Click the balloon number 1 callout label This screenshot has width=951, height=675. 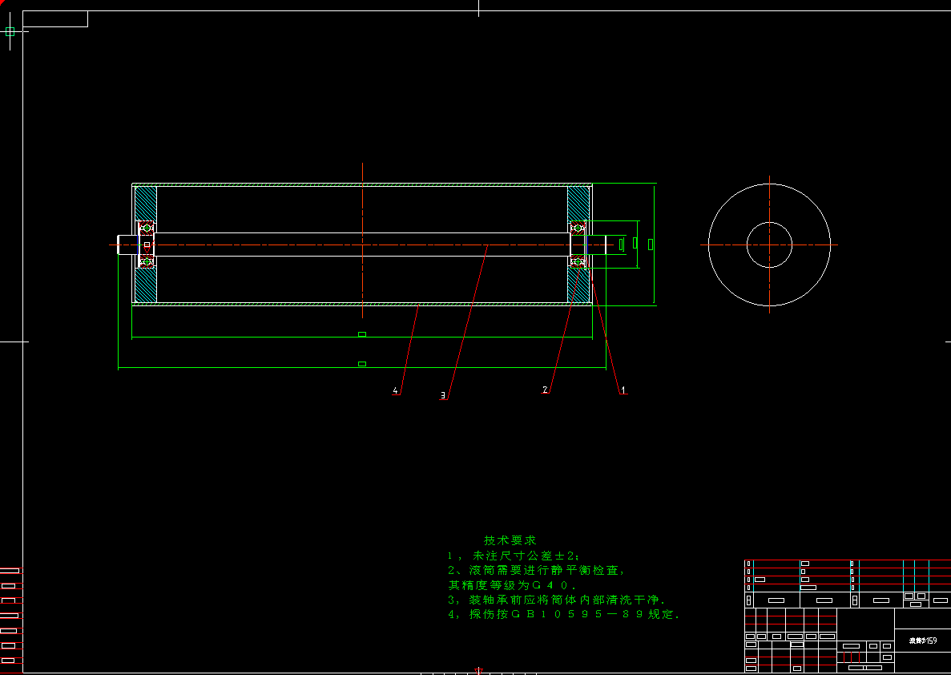click(x=623, y=390)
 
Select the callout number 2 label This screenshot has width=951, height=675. click(x=546, y=390)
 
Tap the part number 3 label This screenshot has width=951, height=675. click(x=443, y=394)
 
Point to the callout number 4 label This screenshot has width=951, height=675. click(x=395, y=390)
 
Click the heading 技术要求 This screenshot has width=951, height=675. click(x=510, y=540)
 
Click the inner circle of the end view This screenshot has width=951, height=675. click(x=769, y=245)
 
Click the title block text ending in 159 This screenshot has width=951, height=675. click(x=923, y=641)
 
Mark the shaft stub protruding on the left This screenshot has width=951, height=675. click(x=127, y=245)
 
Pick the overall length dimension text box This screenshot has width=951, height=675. click(x=362, y=364)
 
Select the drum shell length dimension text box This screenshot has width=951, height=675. click(x=362, y=334)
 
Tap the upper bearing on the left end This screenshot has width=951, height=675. click(x=147, y=228)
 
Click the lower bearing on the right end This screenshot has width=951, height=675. click(x=578, y=261)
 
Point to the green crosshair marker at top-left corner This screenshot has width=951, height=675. click(x=10, y=32)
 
